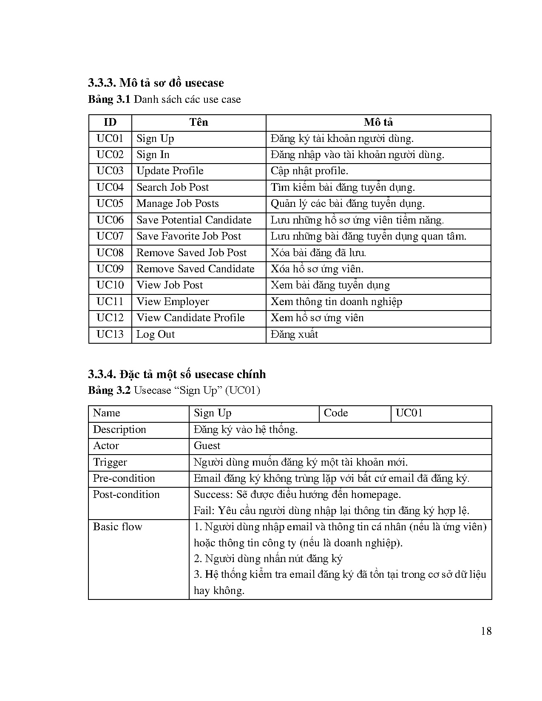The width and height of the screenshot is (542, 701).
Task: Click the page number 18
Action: [486, 631]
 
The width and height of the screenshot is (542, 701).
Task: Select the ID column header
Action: [110, 122]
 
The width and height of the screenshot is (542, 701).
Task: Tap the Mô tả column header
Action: [378, 122]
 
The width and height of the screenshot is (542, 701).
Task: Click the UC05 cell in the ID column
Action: [110, 204]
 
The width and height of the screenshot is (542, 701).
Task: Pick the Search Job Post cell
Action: [173, 187]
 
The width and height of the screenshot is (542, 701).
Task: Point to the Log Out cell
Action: [156, 334]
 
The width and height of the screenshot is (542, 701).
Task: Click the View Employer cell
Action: [173, 302]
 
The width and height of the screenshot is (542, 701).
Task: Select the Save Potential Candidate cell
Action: [194, 220]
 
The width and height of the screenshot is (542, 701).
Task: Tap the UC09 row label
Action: [110, 269]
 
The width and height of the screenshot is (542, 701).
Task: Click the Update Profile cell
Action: [170, 171]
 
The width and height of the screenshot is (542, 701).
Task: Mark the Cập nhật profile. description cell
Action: [309, 171]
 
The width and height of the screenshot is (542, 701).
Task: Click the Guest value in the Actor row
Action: [207, 446]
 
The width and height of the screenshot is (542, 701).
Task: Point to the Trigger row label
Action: [110, 462]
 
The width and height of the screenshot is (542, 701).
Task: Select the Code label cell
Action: [336, 413]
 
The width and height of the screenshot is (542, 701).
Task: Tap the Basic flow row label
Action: [118, 527]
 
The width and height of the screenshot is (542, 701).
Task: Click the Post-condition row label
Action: [126, 495]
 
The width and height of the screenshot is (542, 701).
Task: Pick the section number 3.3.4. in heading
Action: [102, 374]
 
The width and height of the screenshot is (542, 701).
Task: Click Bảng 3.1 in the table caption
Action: [109, 99]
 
